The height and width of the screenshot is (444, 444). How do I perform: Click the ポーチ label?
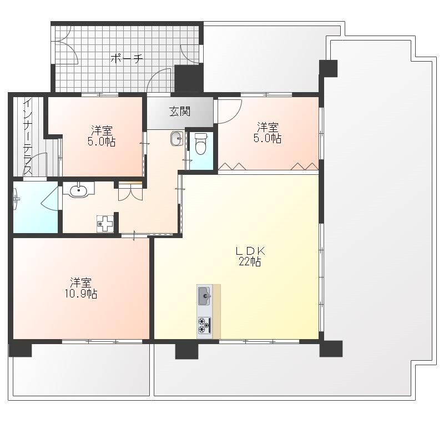coord(127,59)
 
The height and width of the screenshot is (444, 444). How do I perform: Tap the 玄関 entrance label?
coord(180,112)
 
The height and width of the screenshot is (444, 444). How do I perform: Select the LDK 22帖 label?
coord(250,256)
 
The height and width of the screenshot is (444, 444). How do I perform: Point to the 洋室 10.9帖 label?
coord(81,288)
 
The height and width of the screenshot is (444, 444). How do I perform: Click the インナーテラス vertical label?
coord(27,137)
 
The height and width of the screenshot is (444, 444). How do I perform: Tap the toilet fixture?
coord(201,144)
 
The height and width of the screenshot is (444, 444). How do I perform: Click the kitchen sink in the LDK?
coord(204,296)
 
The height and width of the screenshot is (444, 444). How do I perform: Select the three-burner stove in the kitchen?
coord(204,325)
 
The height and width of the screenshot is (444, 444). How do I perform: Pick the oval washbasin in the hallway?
coord(176,138)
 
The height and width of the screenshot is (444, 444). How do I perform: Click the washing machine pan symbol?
coord(105,224)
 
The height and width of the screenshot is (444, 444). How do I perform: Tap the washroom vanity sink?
coord(78,189)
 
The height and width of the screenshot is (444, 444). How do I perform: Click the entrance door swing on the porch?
coord(160,80)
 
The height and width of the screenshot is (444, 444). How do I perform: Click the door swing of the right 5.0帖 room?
coord(230,112)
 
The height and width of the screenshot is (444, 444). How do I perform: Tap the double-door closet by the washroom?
coord(130,192)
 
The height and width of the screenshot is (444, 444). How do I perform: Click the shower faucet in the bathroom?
coord(17,199)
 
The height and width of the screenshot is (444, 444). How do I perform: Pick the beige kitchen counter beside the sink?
coord(216,311)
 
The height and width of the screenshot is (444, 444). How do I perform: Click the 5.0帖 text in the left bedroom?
coord(102,142)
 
